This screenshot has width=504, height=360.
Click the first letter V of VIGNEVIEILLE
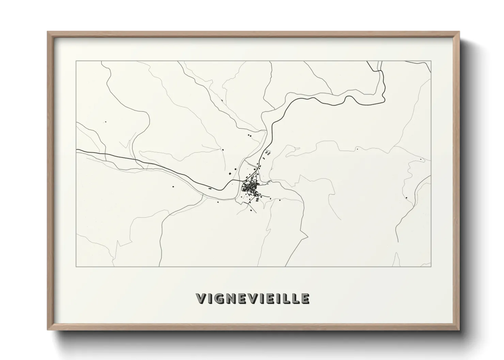tap(201, 298)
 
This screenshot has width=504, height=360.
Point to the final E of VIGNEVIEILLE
tap(305, 298)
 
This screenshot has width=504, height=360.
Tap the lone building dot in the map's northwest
tap(106, 121)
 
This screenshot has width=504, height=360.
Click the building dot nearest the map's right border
tap(421, 159)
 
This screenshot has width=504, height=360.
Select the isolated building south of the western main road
tap(173, 186)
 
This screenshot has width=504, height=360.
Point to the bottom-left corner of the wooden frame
tap(48, 329)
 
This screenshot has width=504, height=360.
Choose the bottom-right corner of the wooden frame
tap(459, 329)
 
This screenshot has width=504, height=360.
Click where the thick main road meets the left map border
tap(77, 150)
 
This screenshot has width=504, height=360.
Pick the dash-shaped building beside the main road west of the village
tap(210, 188)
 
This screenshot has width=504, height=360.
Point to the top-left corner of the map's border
tap(76, 61)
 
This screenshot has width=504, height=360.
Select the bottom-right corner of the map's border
tap(431, 266)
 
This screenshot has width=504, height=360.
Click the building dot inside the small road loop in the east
tap(407, 198)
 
